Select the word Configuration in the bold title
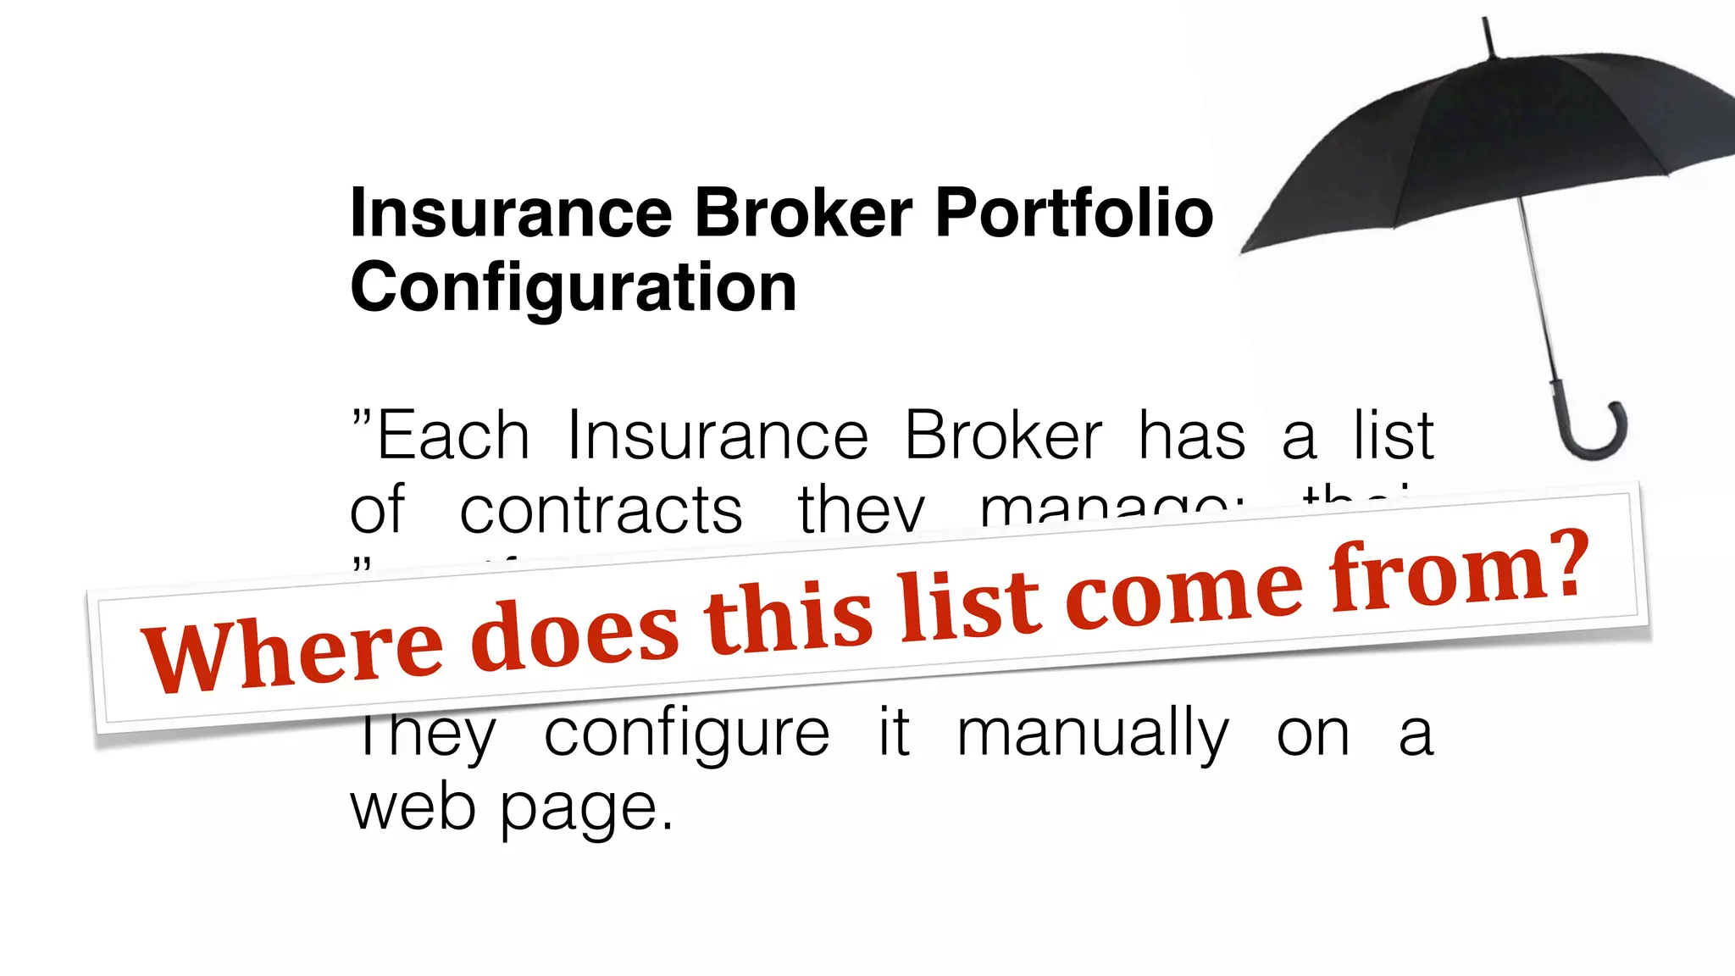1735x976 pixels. (574, 288)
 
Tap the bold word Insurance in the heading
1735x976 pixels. (511, 213)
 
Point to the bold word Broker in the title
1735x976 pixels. (804, 213)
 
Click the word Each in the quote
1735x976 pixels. (453, 436)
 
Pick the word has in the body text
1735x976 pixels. (1191, 436)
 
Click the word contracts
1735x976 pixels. (601, 511)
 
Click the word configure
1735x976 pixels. (686, 734)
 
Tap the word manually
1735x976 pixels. (1092, 734)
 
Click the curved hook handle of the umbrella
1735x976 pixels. (1593, 436)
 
